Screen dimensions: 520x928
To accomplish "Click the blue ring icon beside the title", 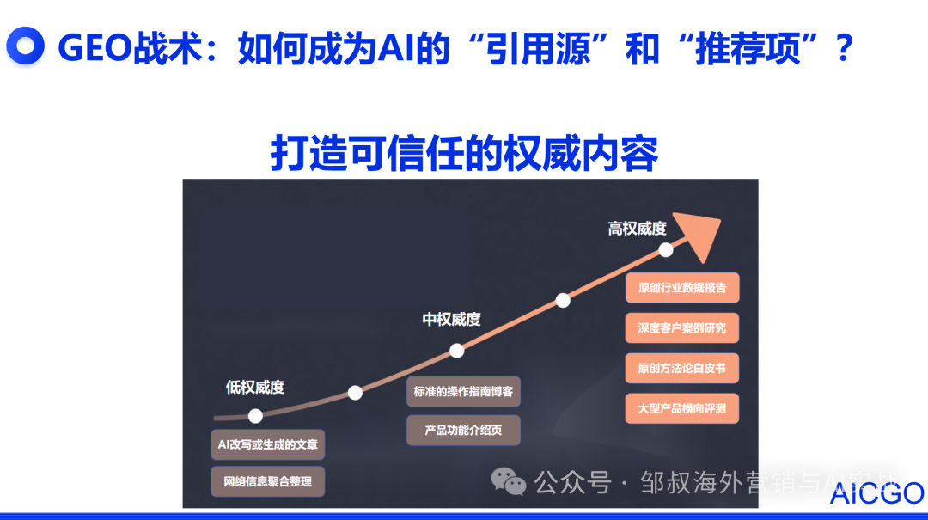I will pyautogui.click(x=25, y=47).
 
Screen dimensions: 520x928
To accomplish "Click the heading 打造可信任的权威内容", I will pyautogui.click(x=464, y=154).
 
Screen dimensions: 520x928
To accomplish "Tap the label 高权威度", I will pyautogui.click(x=637, y=229).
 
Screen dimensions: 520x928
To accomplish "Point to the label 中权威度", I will pyautogui.click(x=451, y=319).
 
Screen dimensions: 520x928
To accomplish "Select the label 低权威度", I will pyautogui.click(x=254, y=387).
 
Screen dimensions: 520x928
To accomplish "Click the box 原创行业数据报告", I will pyautogui.click(x=682, y=287).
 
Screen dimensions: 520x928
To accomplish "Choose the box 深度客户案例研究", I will pyautogui.click(x=682, y=327).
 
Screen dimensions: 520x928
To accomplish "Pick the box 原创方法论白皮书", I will pyautogui.click(x=682, y=368).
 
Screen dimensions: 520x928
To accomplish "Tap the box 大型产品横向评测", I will pyautogui.click(x=682, y=408).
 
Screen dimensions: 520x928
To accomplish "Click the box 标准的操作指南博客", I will pyautogui.click(x=463, y=391).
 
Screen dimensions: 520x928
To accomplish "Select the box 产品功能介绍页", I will pyautogui.click(x=463, y=430).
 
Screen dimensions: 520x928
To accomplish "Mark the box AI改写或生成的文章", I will pyautogui.click(x=268, y=444).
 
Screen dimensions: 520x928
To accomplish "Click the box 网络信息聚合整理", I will pyautogui.click(x=268, y=481).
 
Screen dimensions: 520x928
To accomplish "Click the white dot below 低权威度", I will pyautogui.click(x=255, y=416).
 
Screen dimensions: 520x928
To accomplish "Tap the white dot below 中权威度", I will pyautogui.click(x=457, y=351).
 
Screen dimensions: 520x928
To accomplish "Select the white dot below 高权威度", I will pyautogui.click(x=665, y=250).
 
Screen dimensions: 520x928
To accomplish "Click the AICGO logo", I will pyautogui.click(x=877, y=493).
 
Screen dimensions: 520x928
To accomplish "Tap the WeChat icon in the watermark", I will pyautogui.click(x=509, y=483).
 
